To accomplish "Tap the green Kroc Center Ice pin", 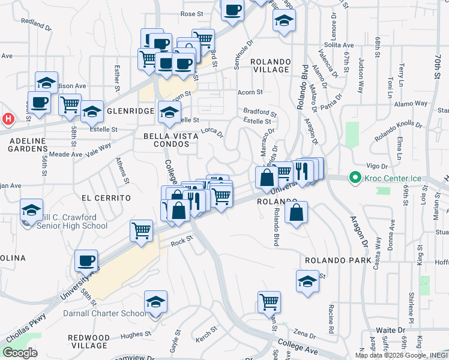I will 355,178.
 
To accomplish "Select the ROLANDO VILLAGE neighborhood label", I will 270,65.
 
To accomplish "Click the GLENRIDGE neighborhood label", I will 131,112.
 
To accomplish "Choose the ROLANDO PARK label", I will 334,261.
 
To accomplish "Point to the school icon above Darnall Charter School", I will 155,302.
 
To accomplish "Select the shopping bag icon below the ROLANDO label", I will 297,212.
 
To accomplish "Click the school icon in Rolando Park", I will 307,281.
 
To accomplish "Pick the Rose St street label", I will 193,13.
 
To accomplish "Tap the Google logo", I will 20,353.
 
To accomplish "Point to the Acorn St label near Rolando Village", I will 250,92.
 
